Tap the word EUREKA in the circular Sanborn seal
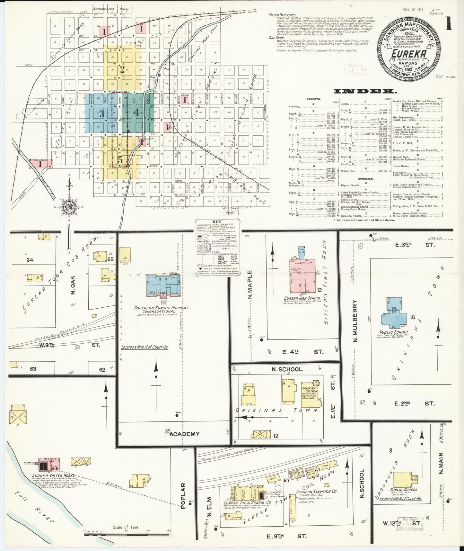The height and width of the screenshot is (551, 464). [408, 53]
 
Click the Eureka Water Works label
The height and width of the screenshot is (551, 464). [53, 475]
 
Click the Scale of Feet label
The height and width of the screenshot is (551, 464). [125, 528]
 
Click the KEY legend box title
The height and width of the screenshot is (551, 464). [217, 222]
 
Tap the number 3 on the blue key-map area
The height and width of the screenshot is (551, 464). [101, 113]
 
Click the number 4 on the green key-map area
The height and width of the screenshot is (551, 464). [136, 112]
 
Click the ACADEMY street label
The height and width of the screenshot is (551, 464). [184, 434]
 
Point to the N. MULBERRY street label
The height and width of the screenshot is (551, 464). [355, 321]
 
